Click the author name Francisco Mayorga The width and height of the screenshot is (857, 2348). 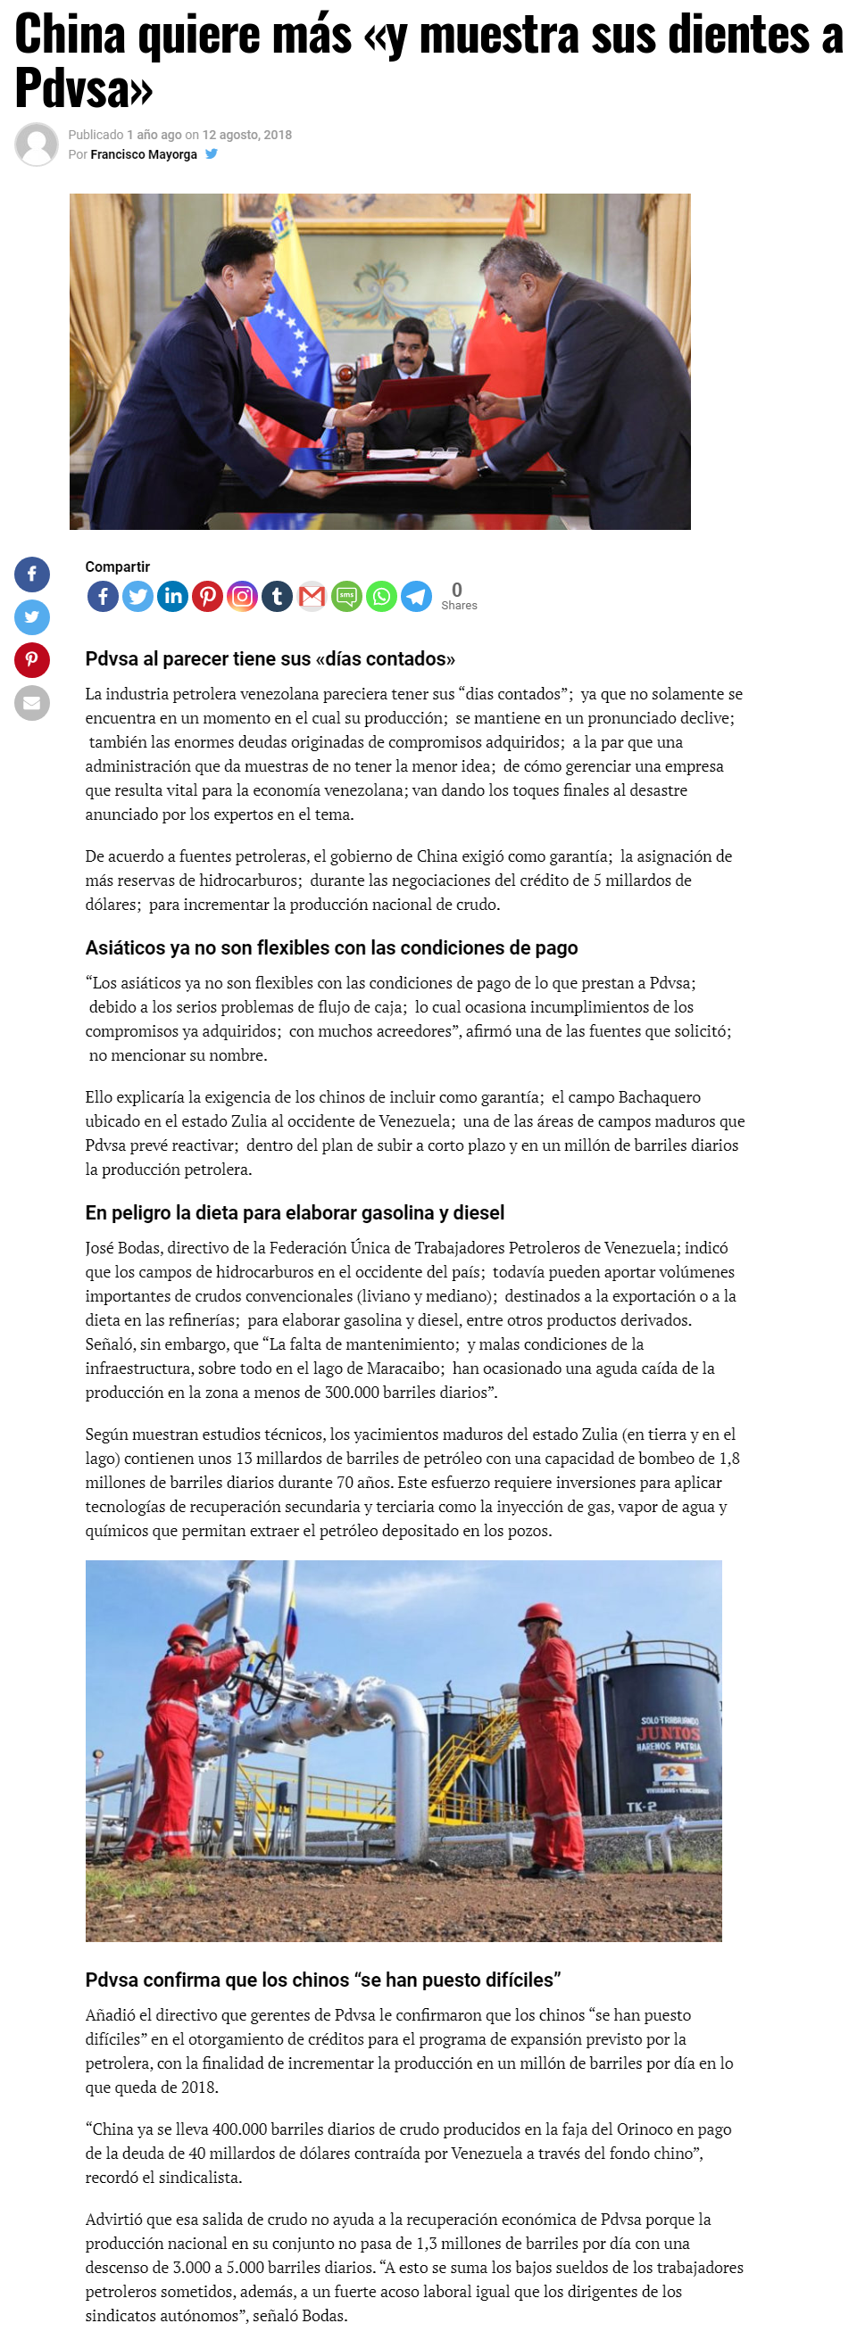(x=143, y=154)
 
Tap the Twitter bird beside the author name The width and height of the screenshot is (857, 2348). (x=212, y=154)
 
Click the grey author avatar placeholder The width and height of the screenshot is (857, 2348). (x=37, y=144)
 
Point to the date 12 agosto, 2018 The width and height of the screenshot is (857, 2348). (x=246, y=135)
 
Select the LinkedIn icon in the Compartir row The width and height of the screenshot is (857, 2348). (x=172, y=597)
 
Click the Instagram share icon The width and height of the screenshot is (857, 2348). (x=242, y=597)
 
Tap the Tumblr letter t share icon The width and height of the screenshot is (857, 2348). (x=277, y=597)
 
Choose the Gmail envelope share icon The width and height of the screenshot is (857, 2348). (x=312, y=597)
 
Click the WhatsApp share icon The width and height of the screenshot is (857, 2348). (x=381, y=597)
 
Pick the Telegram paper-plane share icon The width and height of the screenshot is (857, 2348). (x=417, y=597)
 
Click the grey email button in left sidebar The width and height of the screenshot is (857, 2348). (x=32, y=703)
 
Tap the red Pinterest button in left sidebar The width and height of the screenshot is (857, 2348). (x=32, y=660)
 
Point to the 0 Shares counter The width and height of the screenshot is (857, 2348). (x=459, y=596)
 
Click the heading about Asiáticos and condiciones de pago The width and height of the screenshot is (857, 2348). (x=331, y=948)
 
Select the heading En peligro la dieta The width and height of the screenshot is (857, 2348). (x=295, y=1213)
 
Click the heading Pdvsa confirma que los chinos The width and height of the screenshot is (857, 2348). (x=323, y=1980)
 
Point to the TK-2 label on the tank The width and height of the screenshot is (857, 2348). (x=641, y=1806)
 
